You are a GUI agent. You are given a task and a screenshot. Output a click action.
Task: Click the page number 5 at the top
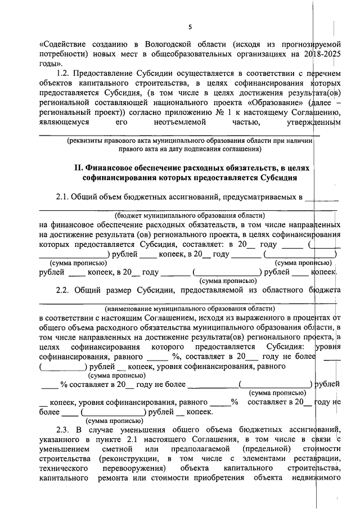point(190,27)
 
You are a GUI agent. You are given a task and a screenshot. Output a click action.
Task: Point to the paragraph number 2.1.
point(63,197)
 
